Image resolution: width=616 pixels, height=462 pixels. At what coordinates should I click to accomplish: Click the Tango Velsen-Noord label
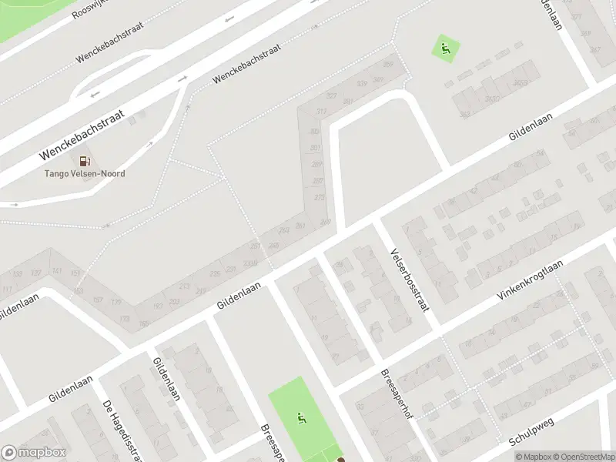(84, 173)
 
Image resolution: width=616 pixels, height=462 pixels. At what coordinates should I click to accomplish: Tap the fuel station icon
(84, 161)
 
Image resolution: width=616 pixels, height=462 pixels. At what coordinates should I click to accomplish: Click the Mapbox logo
(34, 453)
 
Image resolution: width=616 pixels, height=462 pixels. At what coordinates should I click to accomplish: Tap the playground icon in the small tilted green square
(445, 49)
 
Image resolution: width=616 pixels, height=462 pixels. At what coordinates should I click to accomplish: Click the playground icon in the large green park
(302, 419)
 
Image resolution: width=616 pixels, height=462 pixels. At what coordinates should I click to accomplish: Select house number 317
(321, 112)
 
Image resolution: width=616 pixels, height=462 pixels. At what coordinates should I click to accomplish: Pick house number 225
(215, 273)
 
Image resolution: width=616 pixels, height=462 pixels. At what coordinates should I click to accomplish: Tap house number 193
(159, 306)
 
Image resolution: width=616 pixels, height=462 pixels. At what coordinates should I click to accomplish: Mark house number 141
(57, 271)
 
